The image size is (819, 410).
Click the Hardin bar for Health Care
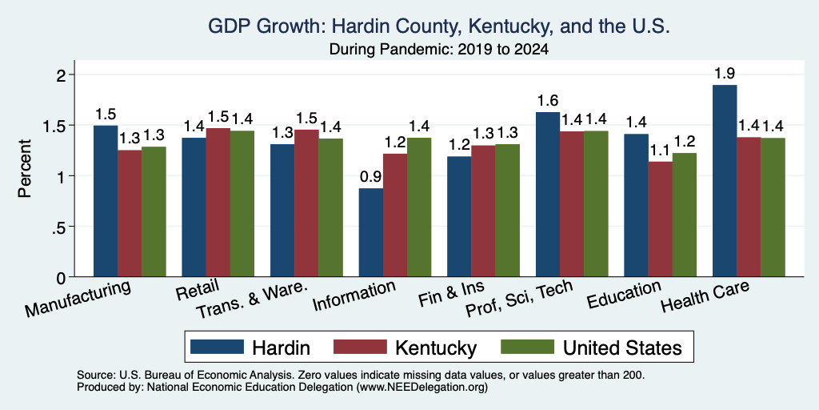[x=725, y=181]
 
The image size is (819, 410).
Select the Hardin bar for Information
[x=371, y=232]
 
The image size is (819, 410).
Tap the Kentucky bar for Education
[x=660, y=219]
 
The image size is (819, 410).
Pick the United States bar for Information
[x=419, y=207]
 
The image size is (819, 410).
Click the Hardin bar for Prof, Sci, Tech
[x=548, y=195]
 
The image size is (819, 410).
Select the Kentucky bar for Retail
[x=218, y=203]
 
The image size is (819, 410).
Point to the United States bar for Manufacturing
[x=154, y=211]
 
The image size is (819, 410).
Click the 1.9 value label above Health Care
[x=725, y=73]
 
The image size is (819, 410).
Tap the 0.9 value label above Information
[x=371, y=177]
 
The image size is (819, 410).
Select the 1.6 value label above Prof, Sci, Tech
[x=548, y=100]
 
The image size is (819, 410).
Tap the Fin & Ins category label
[x=452, y=295]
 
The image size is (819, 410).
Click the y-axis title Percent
[x=24, y=168]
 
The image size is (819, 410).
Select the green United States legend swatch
[x=527, y=347]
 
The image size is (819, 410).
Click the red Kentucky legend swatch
[x=361, y=347]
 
